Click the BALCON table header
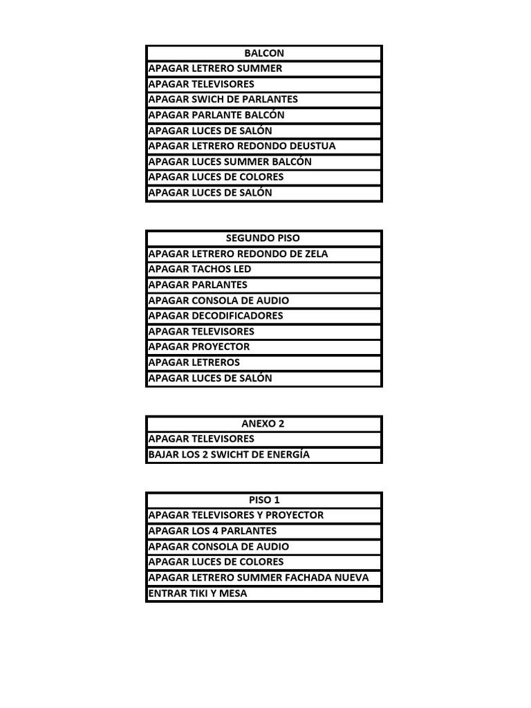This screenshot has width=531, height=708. (263, 53)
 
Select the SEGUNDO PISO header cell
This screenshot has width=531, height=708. (263, 238)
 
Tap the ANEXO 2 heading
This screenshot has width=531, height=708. (263, 424)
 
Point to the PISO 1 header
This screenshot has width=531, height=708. (263, 500)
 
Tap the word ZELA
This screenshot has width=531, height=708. (315, 254)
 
